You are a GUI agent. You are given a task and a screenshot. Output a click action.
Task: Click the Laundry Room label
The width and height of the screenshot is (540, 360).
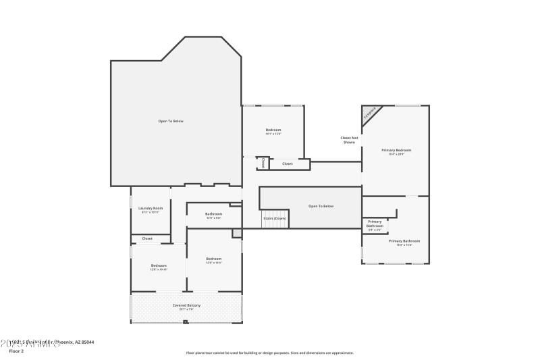click(151, 209)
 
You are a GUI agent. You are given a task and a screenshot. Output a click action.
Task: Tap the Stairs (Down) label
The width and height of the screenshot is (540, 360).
click(275, 218)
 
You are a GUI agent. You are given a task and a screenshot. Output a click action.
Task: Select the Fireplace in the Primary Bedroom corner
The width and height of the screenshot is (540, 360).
click(370, 113)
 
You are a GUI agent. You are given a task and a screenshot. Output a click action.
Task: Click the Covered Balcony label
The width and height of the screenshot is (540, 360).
click(186, 305)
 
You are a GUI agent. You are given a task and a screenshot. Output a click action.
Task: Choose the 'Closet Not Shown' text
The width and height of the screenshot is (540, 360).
click(348, 140)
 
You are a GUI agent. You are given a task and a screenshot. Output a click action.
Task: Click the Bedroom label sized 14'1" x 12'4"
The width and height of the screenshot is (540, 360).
click(273, 130)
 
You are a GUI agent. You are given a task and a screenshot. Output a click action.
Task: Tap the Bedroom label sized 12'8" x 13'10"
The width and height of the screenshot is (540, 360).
click(159, 265)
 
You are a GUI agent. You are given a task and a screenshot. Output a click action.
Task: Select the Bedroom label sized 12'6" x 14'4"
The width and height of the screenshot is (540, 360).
click(214, 259)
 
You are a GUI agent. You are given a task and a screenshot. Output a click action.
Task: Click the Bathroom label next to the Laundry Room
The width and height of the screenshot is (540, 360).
click(214, 214)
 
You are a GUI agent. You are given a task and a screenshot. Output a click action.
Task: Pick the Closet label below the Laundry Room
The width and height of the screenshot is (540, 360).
click(147, 238)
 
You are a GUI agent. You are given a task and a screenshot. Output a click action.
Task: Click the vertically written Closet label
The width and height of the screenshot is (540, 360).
click(263, 163)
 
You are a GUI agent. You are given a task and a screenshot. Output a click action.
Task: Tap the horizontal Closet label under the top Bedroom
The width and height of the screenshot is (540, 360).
click(288, 163)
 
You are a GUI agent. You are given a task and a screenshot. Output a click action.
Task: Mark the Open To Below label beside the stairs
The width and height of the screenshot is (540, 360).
click(321, 206)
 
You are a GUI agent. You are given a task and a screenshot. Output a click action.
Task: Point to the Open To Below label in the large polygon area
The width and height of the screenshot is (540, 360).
click(171, 121)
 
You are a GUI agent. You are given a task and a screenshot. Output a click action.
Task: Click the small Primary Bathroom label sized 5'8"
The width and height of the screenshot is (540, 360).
click(375, 224)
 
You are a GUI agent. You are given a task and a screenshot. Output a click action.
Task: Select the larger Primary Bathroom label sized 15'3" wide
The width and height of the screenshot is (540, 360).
click(404, 241)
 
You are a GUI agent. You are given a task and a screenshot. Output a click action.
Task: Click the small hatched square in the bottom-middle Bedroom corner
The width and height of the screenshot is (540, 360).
click(236, 233)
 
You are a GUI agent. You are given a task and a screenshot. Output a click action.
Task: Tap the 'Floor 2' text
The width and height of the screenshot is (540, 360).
click(16, 351)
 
